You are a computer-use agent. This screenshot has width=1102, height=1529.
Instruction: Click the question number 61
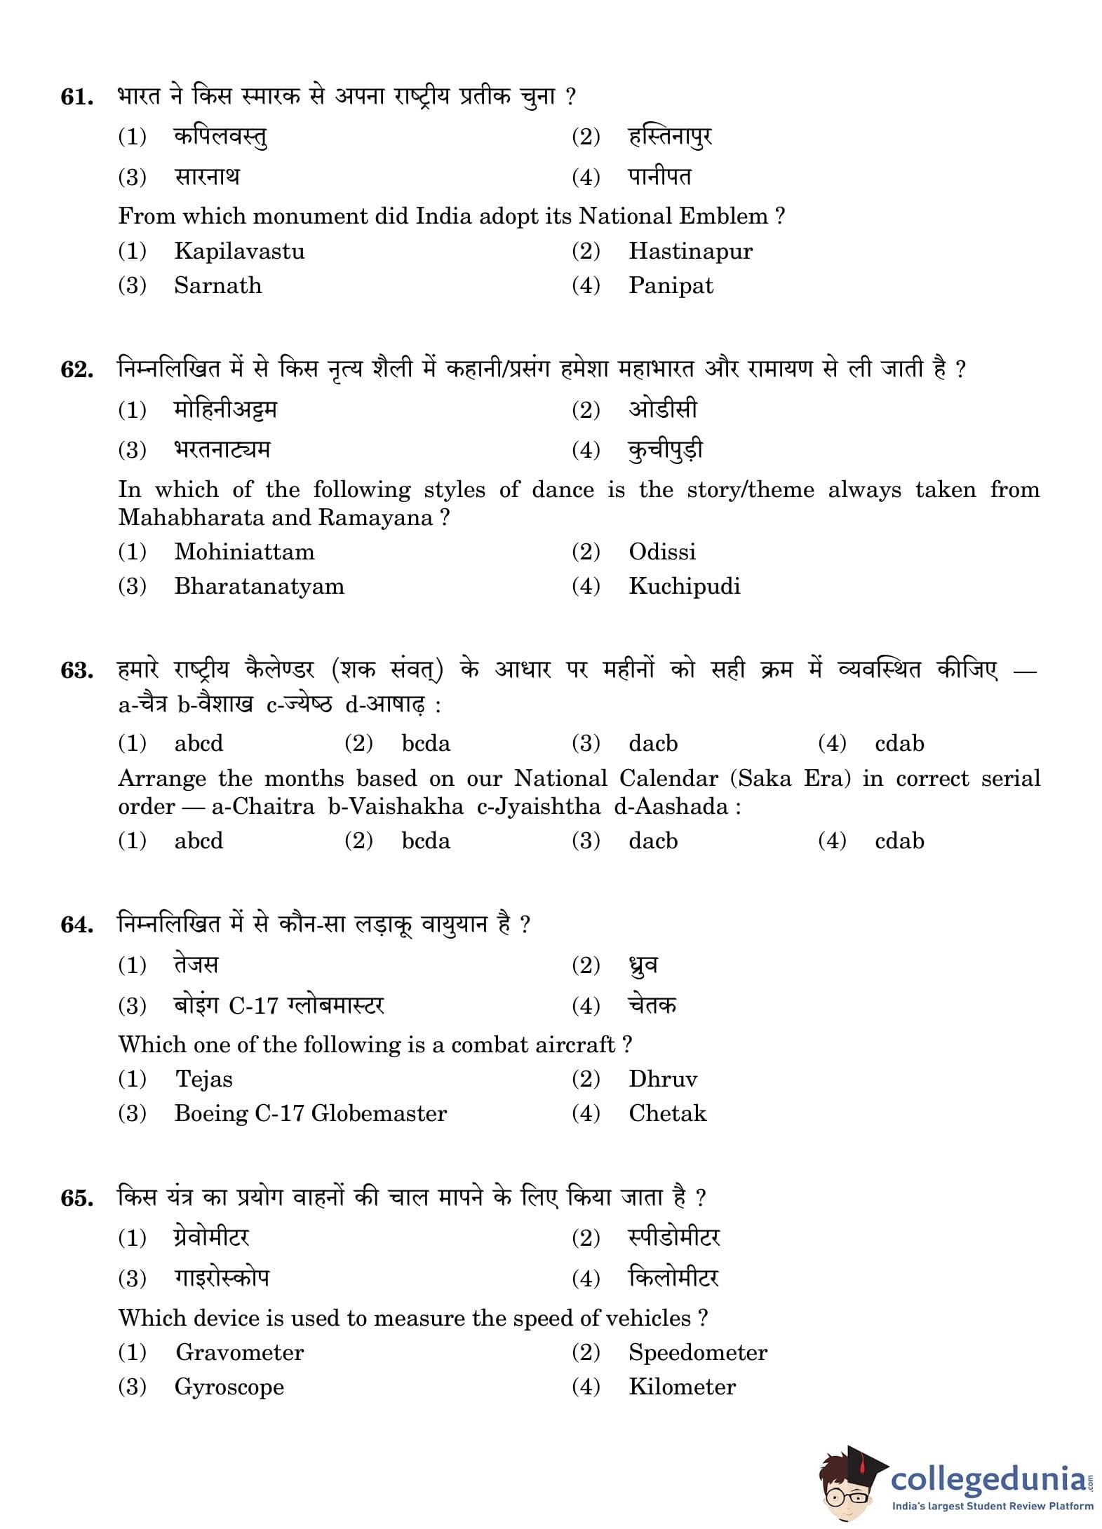77,97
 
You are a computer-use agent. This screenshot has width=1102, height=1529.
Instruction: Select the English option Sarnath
217,285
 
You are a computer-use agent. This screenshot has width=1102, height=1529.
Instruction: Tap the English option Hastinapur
690,251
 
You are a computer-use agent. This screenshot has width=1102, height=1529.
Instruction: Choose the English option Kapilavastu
239,251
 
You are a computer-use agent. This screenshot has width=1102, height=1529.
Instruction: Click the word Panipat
670,285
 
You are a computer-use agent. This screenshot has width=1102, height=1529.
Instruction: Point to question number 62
77,369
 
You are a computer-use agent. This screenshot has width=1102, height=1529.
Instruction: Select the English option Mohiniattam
244,552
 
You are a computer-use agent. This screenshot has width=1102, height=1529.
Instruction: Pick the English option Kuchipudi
684,586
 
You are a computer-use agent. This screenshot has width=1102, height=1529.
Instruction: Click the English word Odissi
661,552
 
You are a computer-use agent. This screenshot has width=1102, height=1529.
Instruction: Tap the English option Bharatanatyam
259,586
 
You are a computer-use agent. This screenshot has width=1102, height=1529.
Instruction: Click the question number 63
77,670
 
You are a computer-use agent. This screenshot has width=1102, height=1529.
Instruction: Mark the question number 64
77,925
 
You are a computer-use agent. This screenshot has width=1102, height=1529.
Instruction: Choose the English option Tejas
203,1079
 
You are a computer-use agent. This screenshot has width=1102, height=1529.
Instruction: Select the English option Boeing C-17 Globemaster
310,1113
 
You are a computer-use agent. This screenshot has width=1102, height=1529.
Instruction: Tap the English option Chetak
667,1113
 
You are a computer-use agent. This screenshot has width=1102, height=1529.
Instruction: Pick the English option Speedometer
697,1352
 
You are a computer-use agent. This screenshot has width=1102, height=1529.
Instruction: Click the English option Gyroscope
229,1387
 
